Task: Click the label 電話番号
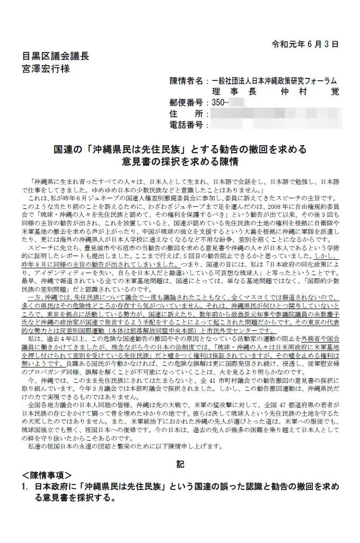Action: click(x=186, y=125)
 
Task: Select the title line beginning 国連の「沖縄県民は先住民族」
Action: click(x=180, y=150)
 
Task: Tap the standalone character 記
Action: click(x=180, y=465)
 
